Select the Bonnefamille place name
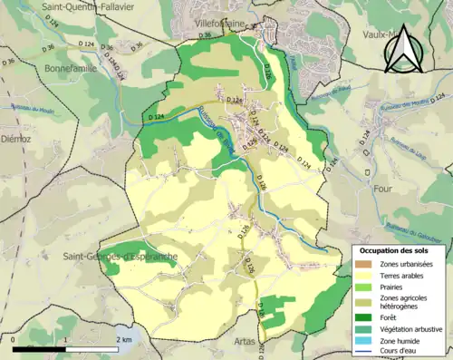point(72,66)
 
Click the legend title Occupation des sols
point(395,249)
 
